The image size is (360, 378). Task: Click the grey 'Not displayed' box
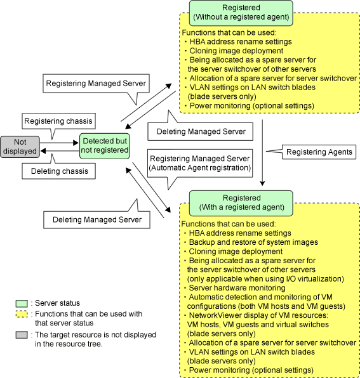20,147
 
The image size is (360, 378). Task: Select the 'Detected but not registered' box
105,146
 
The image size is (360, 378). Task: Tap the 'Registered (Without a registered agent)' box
241,13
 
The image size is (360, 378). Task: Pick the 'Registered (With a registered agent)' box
241,203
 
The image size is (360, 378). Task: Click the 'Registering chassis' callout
58,121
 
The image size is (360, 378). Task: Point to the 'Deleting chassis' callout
58,171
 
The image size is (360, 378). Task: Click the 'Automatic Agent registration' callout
200,163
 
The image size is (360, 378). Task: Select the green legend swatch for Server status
22,304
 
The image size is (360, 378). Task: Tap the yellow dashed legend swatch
22,315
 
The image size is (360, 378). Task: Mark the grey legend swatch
22,335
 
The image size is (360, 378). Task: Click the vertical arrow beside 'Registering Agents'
262,153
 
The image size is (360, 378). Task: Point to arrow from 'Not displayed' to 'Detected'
59,143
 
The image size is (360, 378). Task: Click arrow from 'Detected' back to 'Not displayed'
60,151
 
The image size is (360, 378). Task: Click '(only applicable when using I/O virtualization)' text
265,279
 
